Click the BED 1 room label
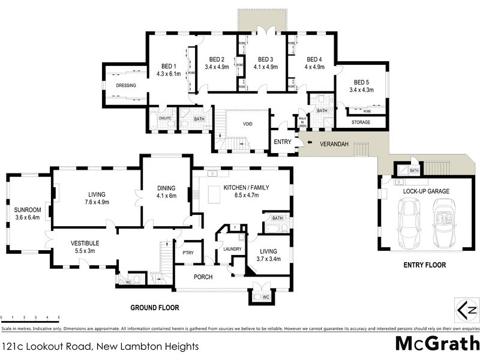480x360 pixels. point(168,66)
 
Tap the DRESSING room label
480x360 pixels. point(126,86)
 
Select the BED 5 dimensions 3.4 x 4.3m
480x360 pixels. point(361,90)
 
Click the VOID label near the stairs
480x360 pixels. point(247,124)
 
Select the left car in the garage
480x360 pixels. point(410,224)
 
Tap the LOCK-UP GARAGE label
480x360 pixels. point(426,191)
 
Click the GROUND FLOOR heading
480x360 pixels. point(155,307)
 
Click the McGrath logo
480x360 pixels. point(436,344)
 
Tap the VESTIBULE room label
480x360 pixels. point(85,243)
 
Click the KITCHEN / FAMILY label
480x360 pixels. point(246,188)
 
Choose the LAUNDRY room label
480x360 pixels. point(232,249)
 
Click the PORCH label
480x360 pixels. point(203,277)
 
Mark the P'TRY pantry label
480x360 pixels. point(188,253)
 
